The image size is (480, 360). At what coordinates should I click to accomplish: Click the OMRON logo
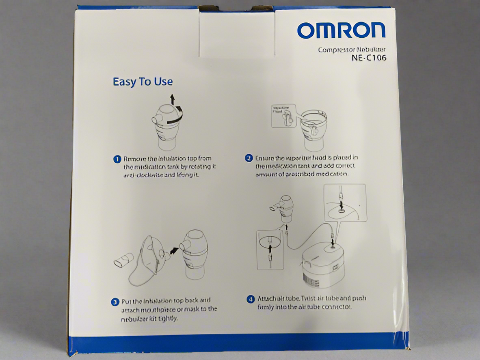(341, 30)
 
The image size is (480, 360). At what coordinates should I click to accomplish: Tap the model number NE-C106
(369, 58)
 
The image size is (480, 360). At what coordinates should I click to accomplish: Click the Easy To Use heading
(143, 82)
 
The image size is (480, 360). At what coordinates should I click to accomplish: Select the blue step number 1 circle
(117, 159)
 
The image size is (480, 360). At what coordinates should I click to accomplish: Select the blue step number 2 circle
(249, 158)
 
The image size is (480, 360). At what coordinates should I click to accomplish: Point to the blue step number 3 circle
(115, 301)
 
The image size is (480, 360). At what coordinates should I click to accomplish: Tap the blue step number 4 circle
(251, 300)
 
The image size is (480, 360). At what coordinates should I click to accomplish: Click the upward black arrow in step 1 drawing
(172, 99)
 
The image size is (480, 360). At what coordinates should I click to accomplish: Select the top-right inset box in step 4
(345, 203)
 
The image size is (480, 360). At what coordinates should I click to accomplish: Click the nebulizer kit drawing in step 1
(167, 126)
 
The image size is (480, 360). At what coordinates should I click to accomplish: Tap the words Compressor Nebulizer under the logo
(352, 50)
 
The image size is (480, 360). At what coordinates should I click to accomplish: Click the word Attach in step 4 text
(267, 298)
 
